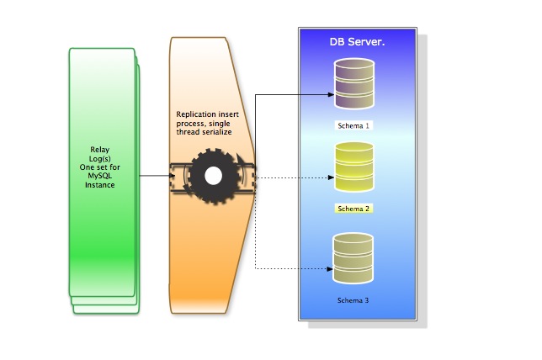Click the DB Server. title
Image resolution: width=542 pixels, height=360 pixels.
[357, 41]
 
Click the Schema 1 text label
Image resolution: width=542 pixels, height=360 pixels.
[354, 126]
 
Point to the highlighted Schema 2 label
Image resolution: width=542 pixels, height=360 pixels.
[354, 209]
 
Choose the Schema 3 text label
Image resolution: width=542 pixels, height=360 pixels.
[354, 300]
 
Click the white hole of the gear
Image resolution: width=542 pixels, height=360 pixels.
[213, 176]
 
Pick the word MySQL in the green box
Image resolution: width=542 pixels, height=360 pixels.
[100, 176]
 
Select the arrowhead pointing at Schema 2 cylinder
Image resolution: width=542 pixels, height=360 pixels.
[329, 177]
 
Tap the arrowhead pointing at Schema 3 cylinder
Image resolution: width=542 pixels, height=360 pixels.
[329, 269]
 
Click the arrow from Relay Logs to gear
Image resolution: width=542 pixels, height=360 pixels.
[160, 176]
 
